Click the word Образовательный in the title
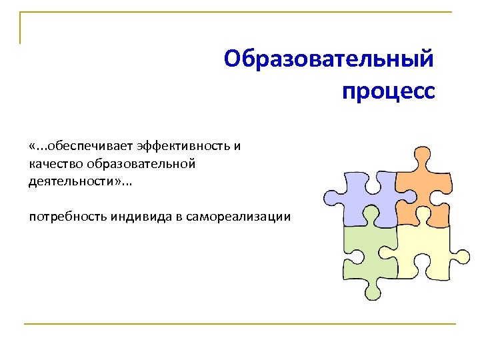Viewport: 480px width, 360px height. [329, 59]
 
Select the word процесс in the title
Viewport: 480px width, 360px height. [388, 91]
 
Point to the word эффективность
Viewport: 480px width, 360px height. [184, 145]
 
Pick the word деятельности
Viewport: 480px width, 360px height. [69, 182]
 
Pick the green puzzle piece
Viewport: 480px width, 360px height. [367, 257]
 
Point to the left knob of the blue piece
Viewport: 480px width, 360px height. [331, 197]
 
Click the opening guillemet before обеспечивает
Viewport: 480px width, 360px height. [33, 146]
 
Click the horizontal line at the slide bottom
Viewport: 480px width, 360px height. [240, 324]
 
